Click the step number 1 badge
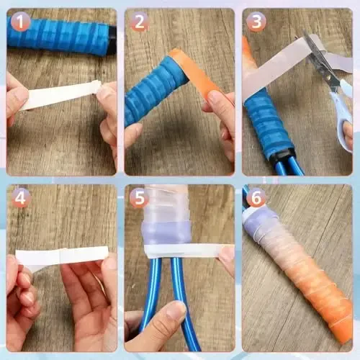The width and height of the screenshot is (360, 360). pyautogui.click(x=21, y=23)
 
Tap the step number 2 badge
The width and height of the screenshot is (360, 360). pyautogui.click(x=139, y=23)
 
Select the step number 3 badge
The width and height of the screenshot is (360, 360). pyautogui.click(x=256, y=23)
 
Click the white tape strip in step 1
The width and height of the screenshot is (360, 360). pyautogui.click(x=61, y=96)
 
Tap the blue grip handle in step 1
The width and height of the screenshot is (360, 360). pyautogui.click(x=58, y=34)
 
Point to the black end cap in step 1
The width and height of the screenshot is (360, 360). pyautogui.click(x=113, y=36)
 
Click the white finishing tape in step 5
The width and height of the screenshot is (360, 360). pyautogui.click(x=184, y=250)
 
